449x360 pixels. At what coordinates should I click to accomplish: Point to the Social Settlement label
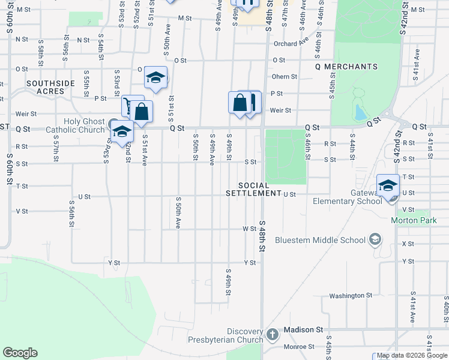(254, 189)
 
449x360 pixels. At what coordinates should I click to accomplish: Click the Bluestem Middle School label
(320, 240)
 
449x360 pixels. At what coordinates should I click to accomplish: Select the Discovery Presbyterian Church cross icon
(272, 333)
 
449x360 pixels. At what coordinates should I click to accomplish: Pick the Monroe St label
(299, 347)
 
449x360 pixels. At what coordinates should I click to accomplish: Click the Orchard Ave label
(291, 44)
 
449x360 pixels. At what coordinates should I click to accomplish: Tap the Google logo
(20, 353)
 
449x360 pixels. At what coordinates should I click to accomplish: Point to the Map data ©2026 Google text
(412, 356)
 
